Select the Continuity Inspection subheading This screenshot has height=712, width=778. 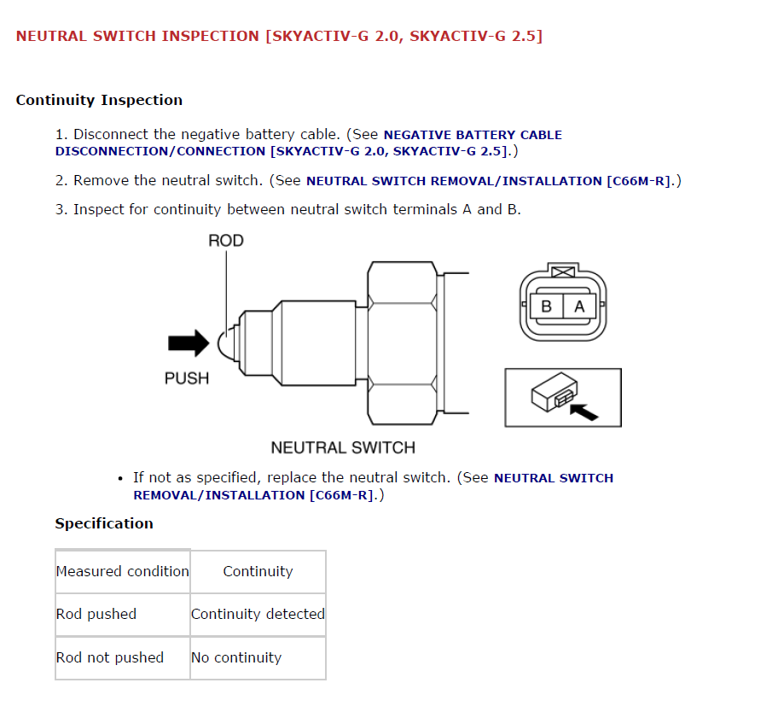tap(99, 100)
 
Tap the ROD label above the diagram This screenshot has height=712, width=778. tap(225, 241)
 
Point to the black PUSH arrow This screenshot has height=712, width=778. tap(188, 343)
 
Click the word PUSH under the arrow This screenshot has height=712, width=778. tap(186, 377)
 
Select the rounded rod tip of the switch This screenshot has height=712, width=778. tap(227, 343)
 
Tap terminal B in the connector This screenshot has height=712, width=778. tap(546, 306)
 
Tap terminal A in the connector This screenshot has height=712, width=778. tap(579, 306)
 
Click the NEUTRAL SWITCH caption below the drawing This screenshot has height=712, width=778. tap(343, 447)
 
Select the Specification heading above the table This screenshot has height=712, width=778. tap(104, 523)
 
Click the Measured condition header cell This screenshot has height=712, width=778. tap(123, 572)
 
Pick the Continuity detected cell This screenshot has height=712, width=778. tap(258, 615)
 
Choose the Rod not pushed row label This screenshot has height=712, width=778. tap(110, 657)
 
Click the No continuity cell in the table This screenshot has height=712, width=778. tap(236, 657)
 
